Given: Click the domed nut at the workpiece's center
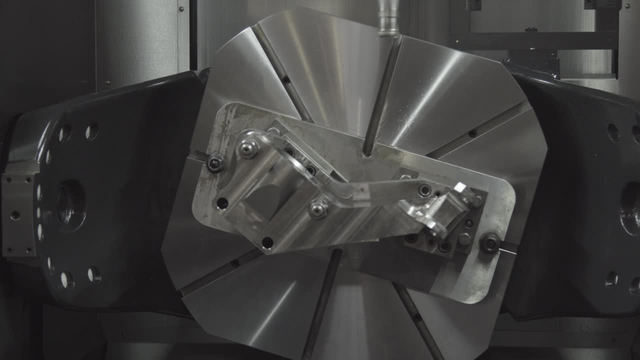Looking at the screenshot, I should coord(318,208).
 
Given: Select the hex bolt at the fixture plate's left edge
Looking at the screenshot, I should coord(215,163).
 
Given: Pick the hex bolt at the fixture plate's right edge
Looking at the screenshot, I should coord(489,243).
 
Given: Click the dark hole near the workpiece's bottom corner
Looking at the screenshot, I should coord(267,243).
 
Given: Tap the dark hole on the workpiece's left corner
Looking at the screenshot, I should coord(222,203).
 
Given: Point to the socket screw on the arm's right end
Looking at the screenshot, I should coord(425,190).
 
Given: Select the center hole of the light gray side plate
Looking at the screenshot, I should coord(15,215).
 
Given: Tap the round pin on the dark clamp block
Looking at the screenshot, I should coord(464,239).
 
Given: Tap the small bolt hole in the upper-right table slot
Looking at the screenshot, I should coord(471,133).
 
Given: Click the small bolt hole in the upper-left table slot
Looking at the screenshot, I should coord(286,79).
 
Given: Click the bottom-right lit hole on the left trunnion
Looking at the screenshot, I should coord(93,274).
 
